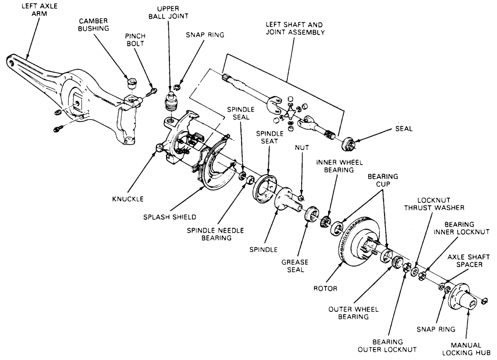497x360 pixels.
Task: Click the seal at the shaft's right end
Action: point(349,144)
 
